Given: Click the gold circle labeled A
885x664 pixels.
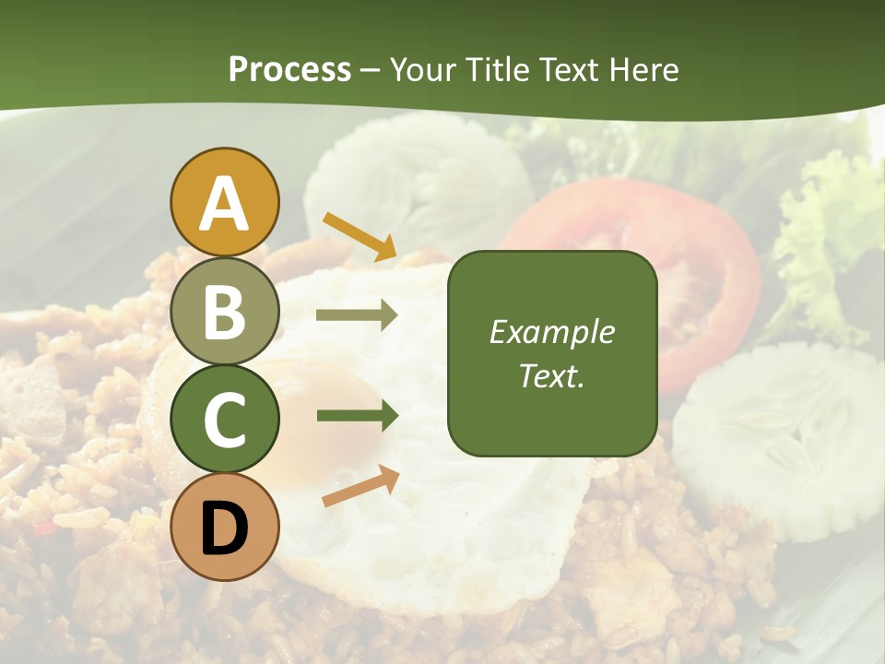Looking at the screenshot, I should (225, 202).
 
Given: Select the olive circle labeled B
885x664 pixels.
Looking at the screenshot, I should (225, 311).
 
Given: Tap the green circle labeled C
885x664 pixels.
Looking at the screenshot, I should (225, 420).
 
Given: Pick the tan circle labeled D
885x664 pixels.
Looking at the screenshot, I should (225, 528).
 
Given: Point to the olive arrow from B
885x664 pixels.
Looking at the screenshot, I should (356, 315).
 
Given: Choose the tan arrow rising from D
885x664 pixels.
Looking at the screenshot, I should (360, 486).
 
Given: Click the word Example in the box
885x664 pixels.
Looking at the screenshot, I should (551, 332).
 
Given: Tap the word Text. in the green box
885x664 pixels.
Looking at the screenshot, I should (551, 375).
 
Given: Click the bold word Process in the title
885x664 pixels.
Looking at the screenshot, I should (289, 69).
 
